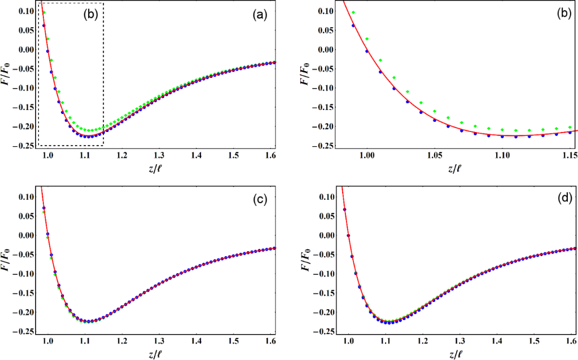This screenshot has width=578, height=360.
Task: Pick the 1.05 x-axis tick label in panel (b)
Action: pyautogui.click(x=433, y=154)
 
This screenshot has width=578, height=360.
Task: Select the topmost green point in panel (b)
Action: pyautogui.click(x=353, y=12)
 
